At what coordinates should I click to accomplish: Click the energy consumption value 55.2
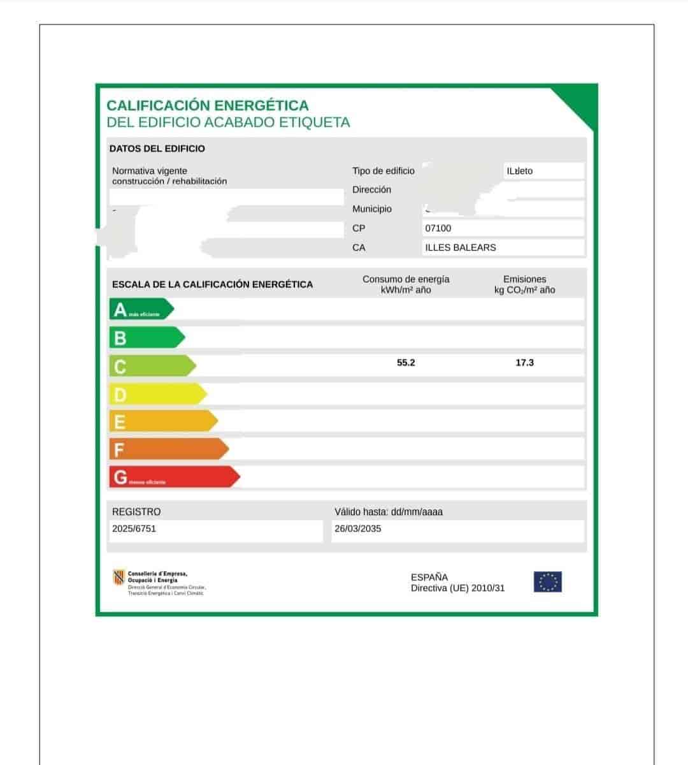coord(406,363)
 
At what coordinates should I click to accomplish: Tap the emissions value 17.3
coord(524,363)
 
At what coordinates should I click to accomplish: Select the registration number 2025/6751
coord(134,528)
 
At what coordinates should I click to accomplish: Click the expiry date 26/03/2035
coord(358,528)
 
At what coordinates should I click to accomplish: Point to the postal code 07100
coord(438,228)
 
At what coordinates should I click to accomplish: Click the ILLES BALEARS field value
coord(461,247)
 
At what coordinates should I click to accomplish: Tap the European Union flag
coord(547,582)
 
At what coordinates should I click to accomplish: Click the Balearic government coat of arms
coord(117,578)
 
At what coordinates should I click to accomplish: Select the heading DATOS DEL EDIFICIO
coord(157,149)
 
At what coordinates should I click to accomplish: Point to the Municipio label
coord(372,209)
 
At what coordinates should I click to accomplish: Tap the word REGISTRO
coord(136,512)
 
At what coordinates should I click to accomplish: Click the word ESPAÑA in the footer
coord(429,578)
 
